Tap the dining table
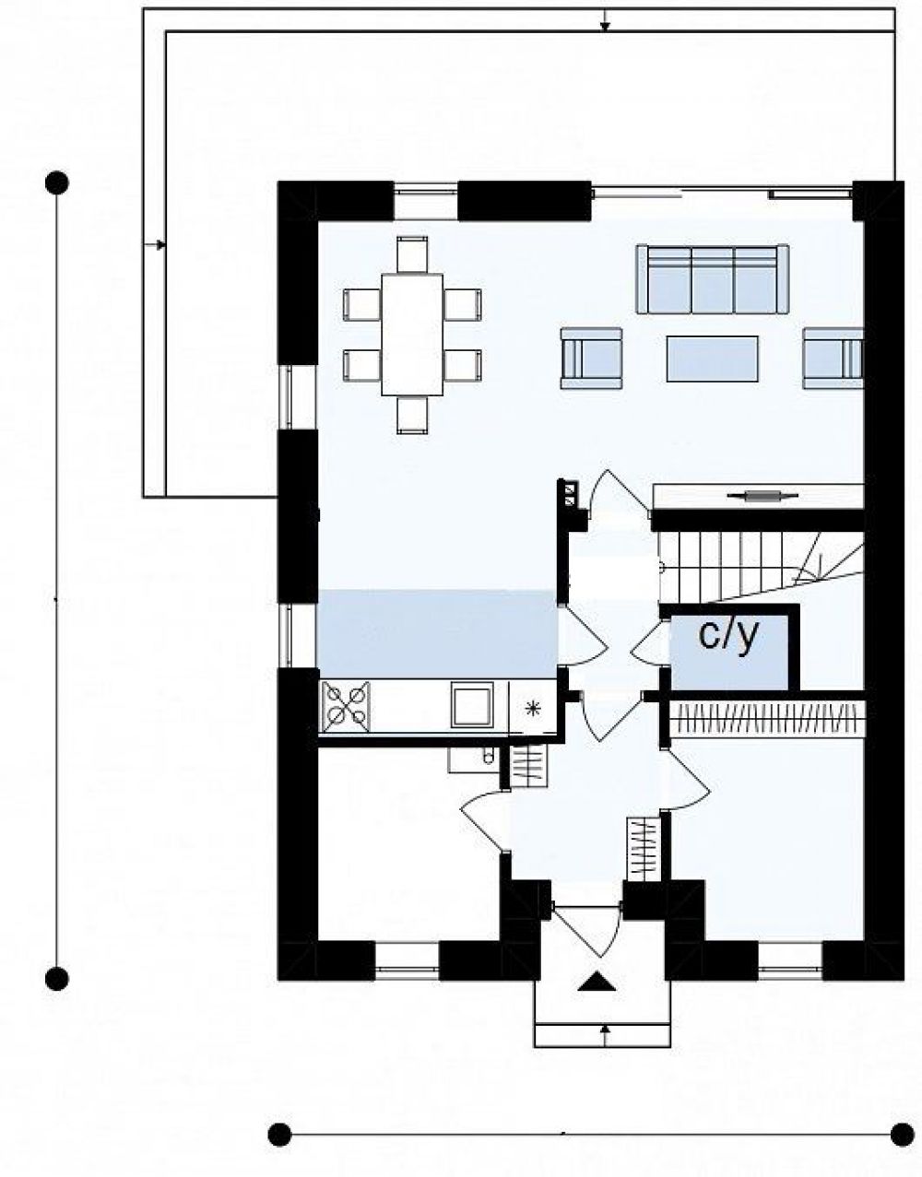pos(412,335)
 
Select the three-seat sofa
pos(713,279)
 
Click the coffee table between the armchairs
pos(712,359)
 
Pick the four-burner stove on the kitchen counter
pos(345,707)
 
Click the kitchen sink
pos(472,704)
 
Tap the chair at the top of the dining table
pos(412,254)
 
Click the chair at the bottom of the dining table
pos(412,415)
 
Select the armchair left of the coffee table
pos(592,358)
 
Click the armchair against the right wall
pos(833,358)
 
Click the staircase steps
pos(761,567)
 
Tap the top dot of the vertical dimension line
pos(57,183)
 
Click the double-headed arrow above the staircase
pos(762,495)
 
